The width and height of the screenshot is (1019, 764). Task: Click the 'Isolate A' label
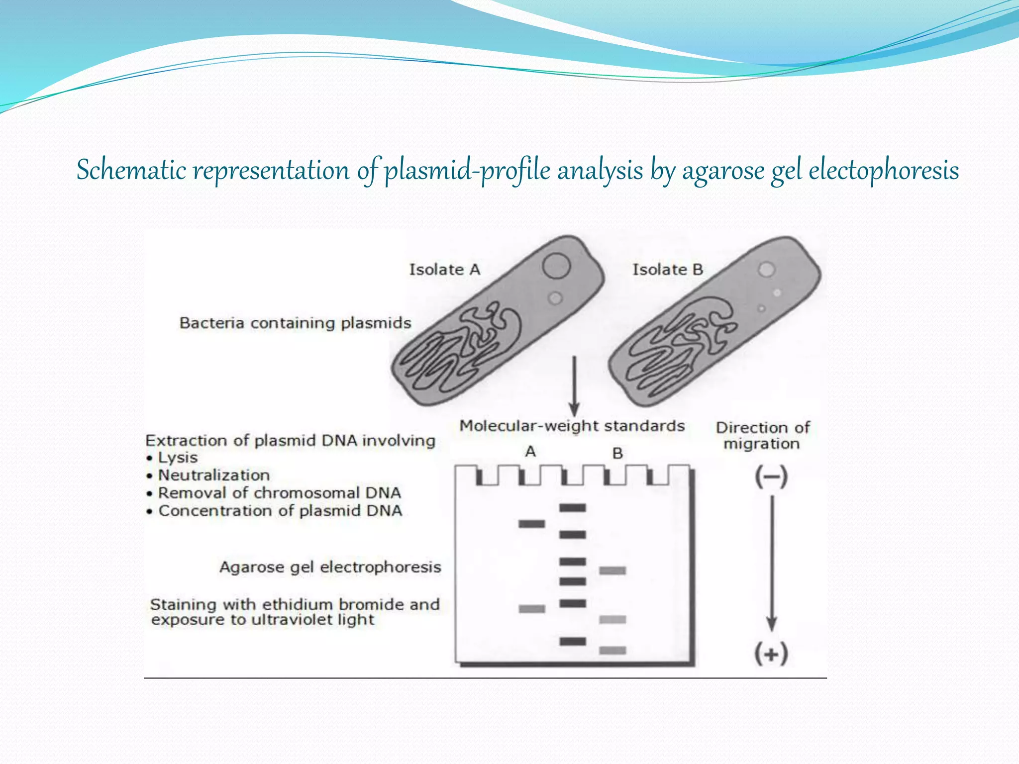(444, 270)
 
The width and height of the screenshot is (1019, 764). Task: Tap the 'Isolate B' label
(667, 270)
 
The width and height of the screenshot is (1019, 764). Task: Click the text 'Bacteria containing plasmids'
(295, 323)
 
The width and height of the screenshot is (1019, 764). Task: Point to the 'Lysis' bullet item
(177, 458)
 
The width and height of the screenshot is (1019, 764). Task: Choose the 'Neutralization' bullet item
(213, 476)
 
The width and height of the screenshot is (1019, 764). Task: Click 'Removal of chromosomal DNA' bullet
(279, 493)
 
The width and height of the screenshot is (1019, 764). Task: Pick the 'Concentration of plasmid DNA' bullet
(280, 511)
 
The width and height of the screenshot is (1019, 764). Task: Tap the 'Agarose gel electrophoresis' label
(330, 567)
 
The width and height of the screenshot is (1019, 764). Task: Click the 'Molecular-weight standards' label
(572, 426)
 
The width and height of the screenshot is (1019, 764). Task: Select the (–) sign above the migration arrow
(771, 477)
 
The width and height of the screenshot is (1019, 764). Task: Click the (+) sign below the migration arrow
(771, 653)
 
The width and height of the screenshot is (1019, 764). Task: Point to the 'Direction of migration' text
(762, 436)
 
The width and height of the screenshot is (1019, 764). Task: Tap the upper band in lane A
(531, 524)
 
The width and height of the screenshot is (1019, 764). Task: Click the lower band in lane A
(531, 609)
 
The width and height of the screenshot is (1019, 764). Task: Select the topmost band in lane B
(612, 571)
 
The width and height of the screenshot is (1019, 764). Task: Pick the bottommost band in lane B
(612, 650)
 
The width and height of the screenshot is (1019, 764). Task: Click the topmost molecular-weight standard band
(573, 508)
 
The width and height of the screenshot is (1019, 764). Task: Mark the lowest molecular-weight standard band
(573, 641)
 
